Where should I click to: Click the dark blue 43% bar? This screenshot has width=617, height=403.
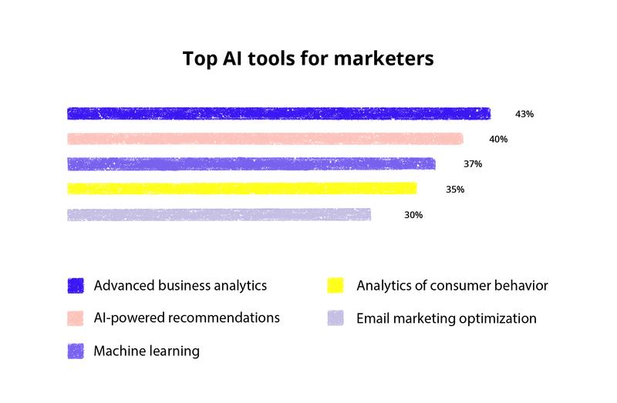pyautogui.click(x=279, y=113)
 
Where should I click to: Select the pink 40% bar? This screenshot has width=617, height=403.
pyautogui.click(x=265, y=139)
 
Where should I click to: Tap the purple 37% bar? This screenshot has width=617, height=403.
pyautogui.click(x=251, y=164)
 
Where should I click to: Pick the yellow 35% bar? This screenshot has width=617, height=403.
pyautogui.click(x=242, y=189)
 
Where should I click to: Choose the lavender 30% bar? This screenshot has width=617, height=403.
pyautogui.click(x=219, y=215)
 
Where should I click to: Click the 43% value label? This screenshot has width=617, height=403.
pyautogui.click(x=524, y=114)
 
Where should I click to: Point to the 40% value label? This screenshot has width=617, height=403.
pyautogui.click(x=498, y=139)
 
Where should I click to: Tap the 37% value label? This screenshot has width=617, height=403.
pyautogui.click(x=473, y=164)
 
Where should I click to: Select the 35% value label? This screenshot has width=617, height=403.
pyautogui.click(x=455, y=190)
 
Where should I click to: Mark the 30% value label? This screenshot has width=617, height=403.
pyautogui.click(x=413, y=215)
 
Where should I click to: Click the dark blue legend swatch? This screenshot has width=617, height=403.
pyautogui.click(x=76, y=286)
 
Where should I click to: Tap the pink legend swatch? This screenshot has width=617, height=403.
pyautogui.click(x=76, y=318)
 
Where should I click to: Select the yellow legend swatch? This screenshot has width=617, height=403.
pyautogui.click(x=335, y=285)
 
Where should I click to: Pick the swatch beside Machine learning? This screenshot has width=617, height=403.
pyautogui.click(x=76, y=351)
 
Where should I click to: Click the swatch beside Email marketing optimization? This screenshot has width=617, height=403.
pyautogui.click(x=335, y=318)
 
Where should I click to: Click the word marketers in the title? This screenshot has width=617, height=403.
pyautogui.click(x=383, y=59)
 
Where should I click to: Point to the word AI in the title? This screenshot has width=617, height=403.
pyautogui.click(x=232, y=59)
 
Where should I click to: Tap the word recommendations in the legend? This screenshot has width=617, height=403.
pyautogui.click(x=229, y=317)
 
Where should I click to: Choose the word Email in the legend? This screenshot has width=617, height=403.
pyautogui.click(x=373, y=318)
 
